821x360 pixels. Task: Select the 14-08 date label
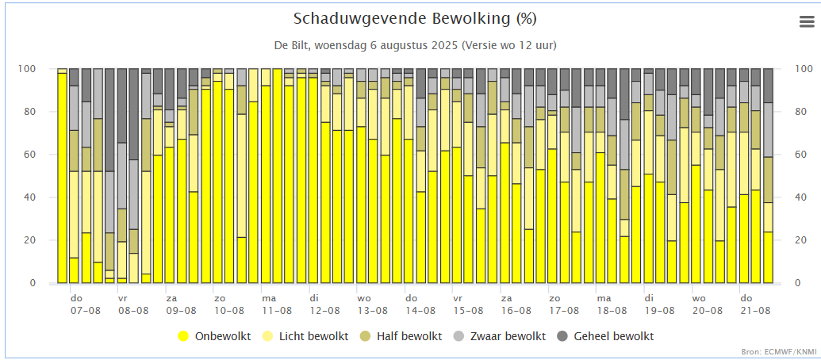[x=419, y=312]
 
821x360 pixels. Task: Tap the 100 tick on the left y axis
[x=27, y=69]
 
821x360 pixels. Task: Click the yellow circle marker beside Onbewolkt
[x=183, y=336]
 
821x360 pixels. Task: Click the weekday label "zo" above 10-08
[x=220, y=299]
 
